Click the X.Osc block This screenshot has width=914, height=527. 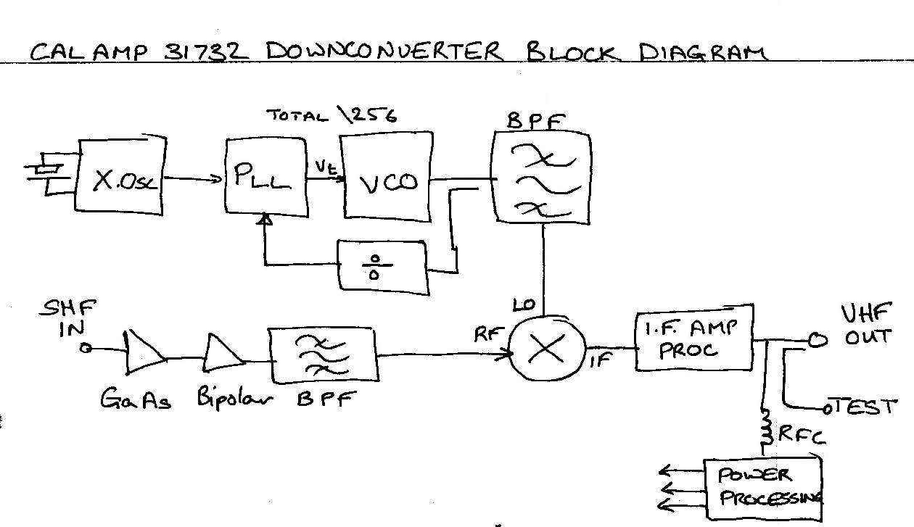[x=120, y=178]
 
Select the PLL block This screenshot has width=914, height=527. [x=264, y=176]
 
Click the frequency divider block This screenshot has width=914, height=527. [x=382, y=267]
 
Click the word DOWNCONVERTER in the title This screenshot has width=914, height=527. [x=384, y=52]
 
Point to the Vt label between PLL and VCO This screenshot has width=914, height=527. [x=324, y=169]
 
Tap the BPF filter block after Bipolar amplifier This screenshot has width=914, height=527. [x=323, y=355]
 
